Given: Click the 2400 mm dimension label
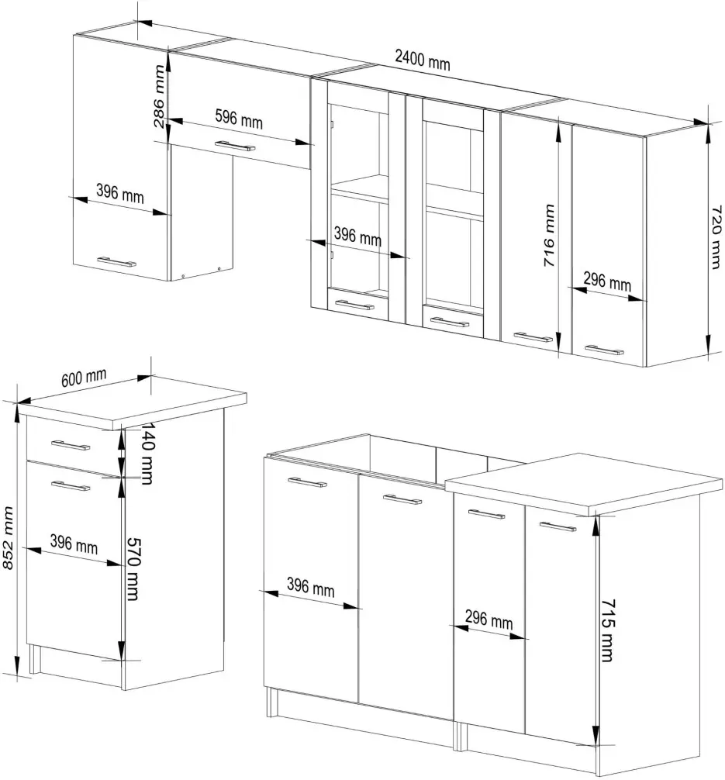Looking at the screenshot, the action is tap(423, 60).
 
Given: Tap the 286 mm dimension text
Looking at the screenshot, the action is tap(159, 96).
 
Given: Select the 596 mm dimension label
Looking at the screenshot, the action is tap(239, 119).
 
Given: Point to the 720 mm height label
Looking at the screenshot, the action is tap(716, 237).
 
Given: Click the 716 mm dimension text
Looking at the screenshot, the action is tap(549, 235).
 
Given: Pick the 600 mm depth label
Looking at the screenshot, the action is tap(84, 378).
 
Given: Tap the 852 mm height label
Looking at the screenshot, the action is tap(8, 538).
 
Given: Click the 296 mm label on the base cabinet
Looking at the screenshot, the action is tap(489, 620).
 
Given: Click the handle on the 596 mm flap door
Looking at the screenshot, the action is tap(235, 145).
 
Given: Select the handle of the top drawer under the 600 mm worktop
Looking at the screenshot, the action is tap(71, 445).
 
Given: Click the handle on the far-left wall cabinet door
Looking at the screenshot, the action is tap(116, 261).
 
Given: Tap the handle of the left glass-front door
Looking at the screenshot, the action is tap(354, 305).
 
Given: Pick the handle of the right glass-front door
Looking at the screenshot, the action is tap(449, 323).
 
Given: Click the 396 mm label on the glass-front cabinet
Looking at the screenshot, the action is tap(357, 236).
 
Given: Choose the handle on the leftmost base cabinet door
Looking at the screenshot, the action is tap(307, 482).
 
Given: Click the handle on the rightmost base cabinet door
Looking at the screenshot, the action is tap(558, 526).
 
